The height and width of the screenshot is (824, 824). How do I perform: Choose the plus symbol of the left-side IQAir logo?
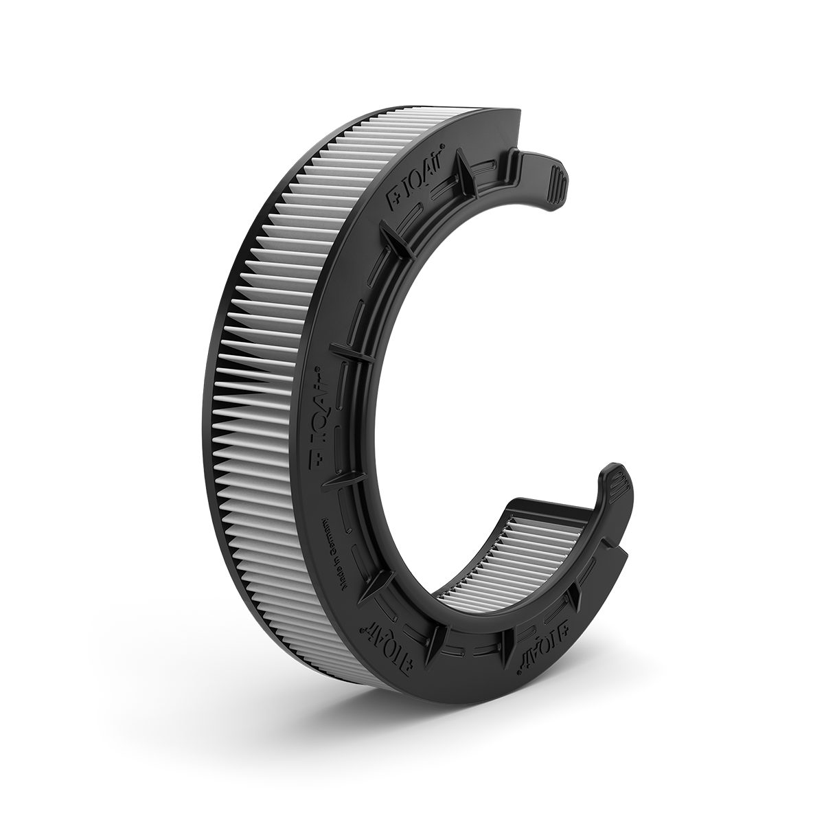tap(317, 463)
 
